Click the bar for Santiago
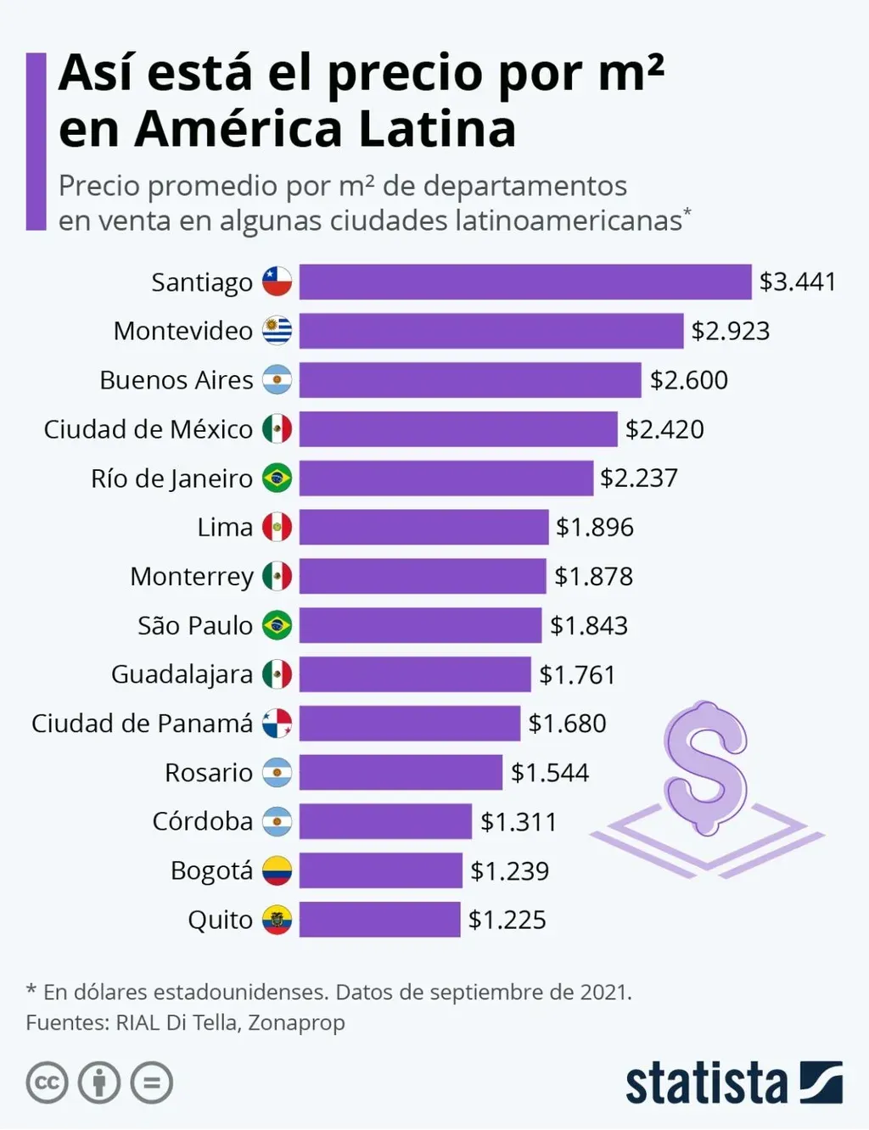(x=525, y=282)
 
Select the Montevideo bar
(x=491, y=331)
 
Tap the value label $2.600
(x=688, y=380)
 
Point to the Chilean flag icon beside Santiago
(x=277, y=282)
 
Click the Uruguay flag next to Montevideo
(x=277, y=331)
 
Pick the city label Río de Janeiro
(x=171, y=478)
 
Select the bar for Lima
(x=423, y=527)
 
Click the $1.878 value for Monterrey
(x=593, y=576)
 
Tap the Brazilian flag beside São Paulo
(x=277, y=625)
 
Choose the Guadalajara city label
(x=182, y=674)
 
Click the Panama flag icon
(x=277, y=724)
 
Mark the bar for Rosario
(x=401, y=773)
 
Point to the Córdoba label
(x=202, y=821)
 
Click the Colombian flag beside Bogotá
(x=277, y=870)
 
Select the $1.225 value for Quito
(x=507, y=920)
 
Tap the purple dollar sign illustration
(x=706, y=768)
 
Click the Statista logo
(x=733, y=1083)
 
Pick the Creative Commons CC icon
(x=47, y=1083)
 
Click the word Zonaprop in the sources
(x=296, y=1022)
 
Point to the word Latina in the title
(x=436, y=129)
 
